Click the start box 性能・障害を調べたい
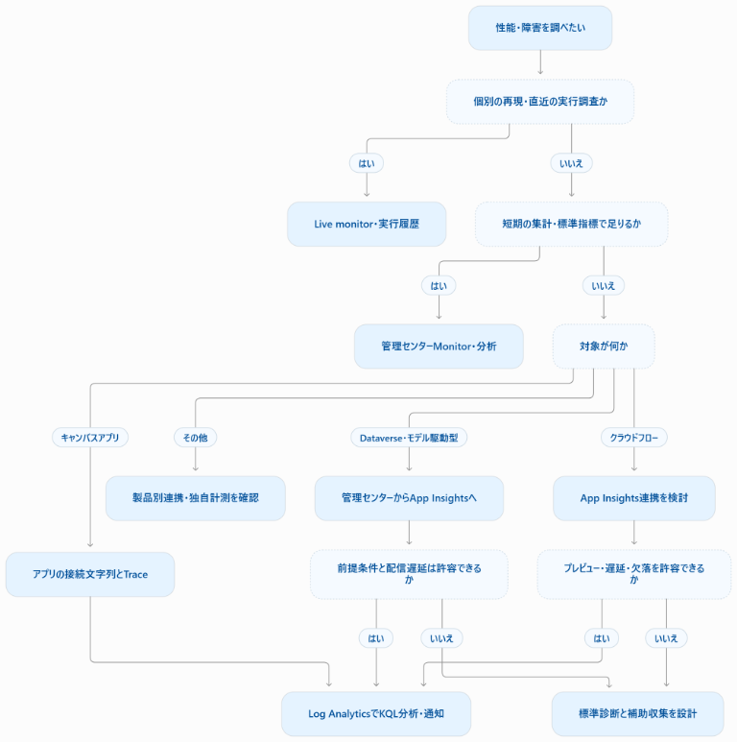point(539,28)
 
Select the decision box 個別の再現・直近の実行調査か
point(539,101)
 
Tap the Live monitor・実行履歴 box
point(367,224)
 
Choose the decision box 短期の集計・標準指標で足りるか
point(571,224)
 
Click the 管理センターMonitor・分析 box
point(439,347)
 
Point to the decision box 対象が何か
point(604,347)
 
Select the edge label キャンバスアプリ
point(90,438)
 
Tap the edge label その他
point(196,438)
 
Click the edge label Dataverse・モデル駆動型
point(409,438)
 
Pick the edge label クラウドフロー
point(634,438)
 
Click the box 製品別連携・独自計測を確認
point(196,498)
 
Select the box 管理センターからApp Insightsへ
point(409,498)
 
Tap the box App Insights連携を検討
point(634,498)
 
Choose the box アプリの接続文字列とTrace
point(90,574)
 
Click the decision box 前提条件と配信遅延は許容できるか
point(409,574)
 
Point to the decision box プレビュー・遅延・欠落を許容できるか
point(634,574)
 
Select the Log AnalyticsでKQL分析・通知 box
point(376,713)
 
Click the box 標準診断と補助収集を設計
point(637,713)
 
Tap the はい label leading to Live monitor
point(367,163)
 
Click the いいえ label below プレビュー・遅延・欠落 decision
point(666,638)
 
